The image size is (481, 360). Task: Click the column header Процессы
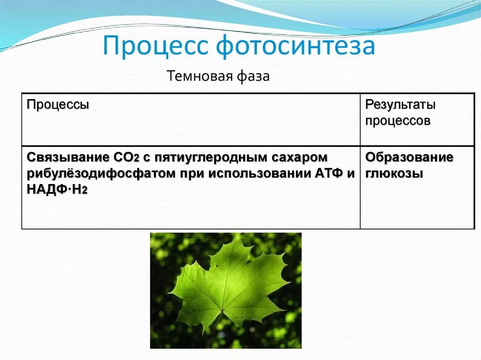58,105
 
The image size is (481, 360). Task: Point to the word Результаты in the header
400,105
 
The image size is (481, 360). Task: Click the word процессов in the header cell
397,121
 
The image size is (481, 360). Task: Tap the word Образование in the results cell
409,157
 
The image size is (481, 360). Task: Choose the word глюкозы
394,173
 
